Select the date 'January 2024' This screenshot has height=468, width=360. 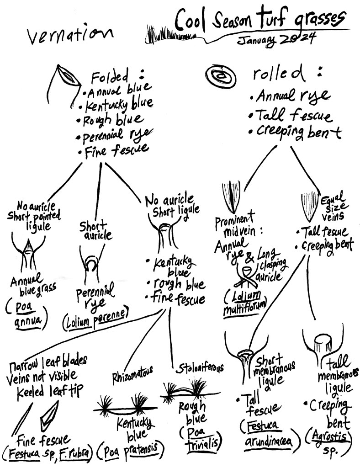(x=276, y=40)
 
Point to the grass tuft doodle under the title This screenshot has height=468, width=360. (x=158, y=33)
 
